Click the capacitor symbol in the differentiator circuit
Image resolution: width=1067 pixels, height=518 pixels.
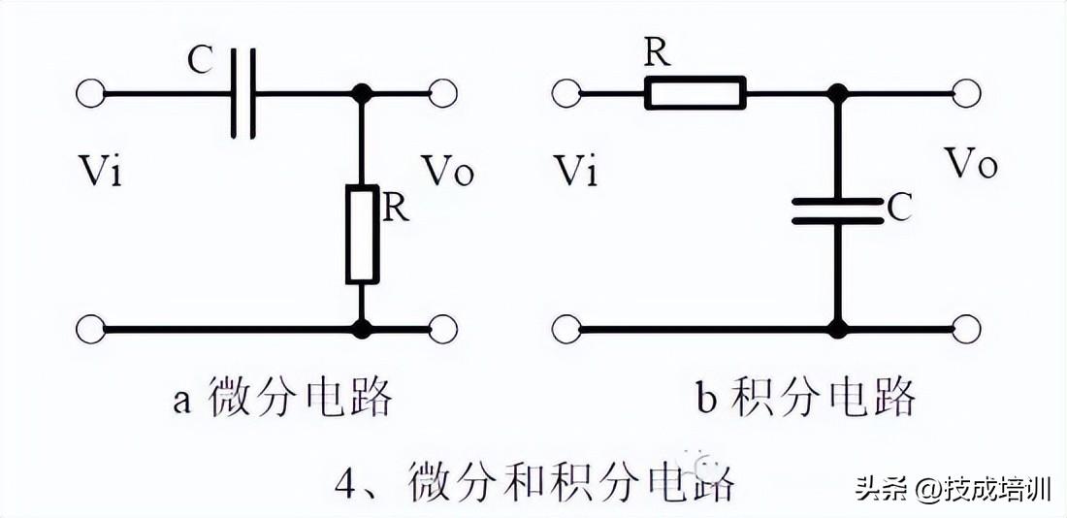click(243, 93)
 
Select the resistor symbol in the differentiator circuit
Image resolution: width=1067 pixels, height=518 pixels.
click(362, 234)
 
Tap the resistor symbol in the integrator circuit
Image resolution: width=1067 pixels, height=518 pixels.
click(695, 92)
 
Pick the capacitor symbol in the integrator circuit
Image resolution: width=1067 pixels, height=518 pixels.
click(838, 210)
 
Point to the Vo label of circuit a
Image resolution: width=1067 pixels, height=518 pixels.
click(446, 170)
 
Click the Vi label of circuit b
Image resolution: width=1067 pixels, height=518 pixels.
click(575, 171)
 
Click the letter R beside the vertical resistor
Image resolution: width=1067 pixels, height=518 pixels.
click(396, 210)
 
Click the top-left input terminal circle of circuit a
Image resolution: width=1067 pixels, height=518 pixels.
click(90, 93)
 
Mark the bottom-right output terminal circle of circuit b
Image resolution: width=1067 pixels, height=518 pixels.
click(966, 330)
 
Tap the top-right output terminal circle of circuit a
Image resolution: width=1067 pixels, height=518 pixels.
click(443, 93)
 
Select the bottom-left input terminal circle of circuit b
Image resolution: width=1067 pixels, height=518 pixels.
click(566, 330)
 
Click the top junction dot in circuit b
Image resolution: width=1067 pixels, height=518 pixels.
click(838, 93)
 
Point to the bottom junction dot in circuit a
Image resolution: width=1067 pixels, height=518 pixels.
click(362, 330)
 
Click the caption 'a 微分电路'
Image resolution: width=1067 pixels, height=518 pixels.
click(283, 399)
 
